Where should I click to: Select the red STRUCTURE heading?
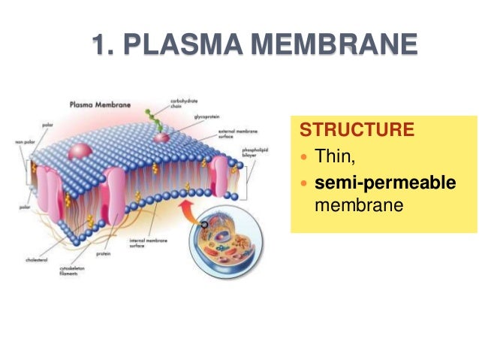point(357,129)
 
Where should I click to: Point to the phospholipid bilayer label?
point(251,153)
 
